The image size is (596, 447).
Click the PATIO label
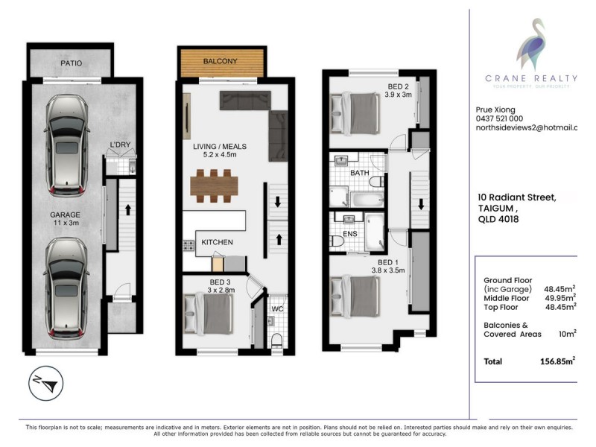[x=72, y=63]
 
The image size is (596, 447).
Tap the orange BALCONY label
[x=221, y=63]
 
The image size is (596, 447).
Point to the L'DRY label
[x=121, y=143]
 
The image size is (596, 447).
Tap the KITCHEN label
[x=217, y=242]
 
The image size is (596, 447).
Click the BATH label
[x=361, y=173]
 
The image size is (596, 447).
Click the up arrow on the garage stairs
[x=129, y=209]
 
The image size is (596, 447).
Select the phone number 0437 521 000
[x=499, y=118]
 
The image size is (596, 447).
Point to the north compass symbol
[x=42, y=385]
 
